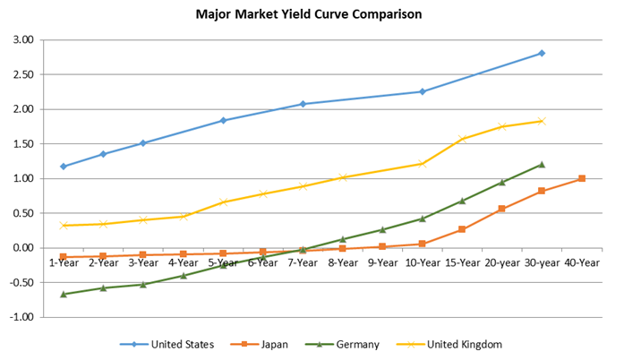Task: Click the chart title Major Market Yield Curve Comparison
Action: [x=309, y=15]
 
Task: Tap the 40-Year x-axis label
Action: [x=582, y=262]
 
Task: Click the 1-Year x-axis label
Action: [x=64, y=262]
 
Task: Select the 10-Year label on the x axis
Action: [x=422, y=262]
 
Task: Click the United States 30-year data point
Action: [x=542, y=54]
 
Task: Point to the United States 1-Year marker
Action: [x=64, y=167]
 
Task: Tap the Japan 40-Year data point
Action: [x=582, y=179]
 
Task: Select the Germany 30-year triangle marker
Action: [x=542, y=165]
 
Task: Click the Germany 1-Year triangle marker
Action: [x=64, y=294]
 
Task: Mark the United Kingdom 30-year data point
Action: [x=542, y=121]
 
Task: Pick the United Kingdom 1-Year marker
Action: [x=64, y=226]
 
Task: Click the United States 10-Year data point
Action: [x=422, y=91]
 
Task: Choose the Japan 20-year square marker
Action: [x=501, y=209]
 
